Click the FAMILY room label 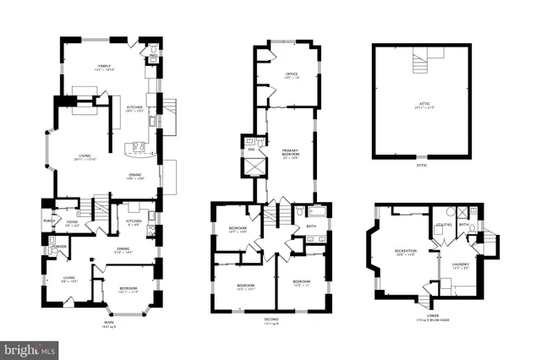(x=105, y=66)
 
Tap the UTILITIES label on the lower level (x=445, y=226)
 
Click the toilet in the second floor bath (x=299, y=211)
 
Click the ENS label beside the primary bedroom (x=251, y=149)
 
